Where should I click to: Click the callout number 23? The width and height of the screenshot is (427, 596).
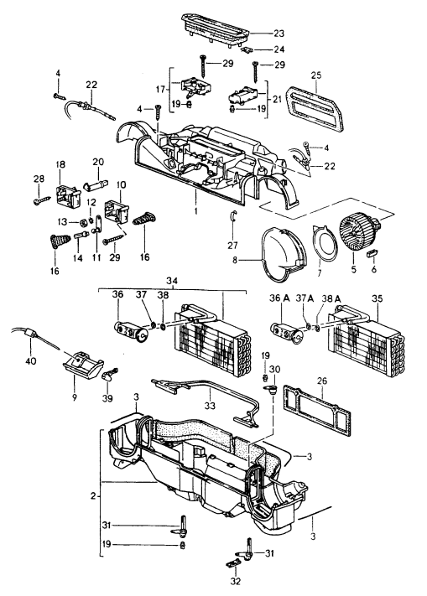[x=279, y=34]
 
